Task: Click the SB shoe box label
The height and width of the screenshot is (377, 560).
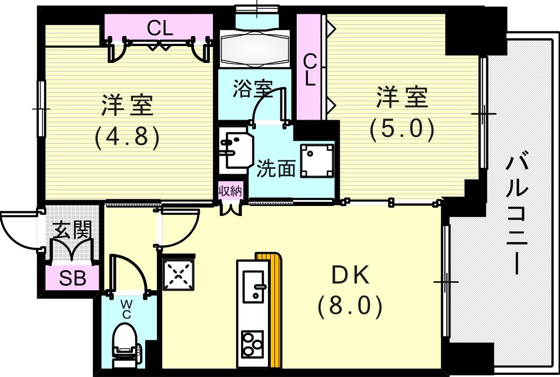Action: tap(73, 279)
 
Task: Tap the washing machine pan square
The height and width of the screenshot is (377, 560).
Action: tap(317, 160)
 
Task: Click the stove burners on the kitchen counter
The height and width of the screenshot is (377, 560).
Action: tap(252, 345)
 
